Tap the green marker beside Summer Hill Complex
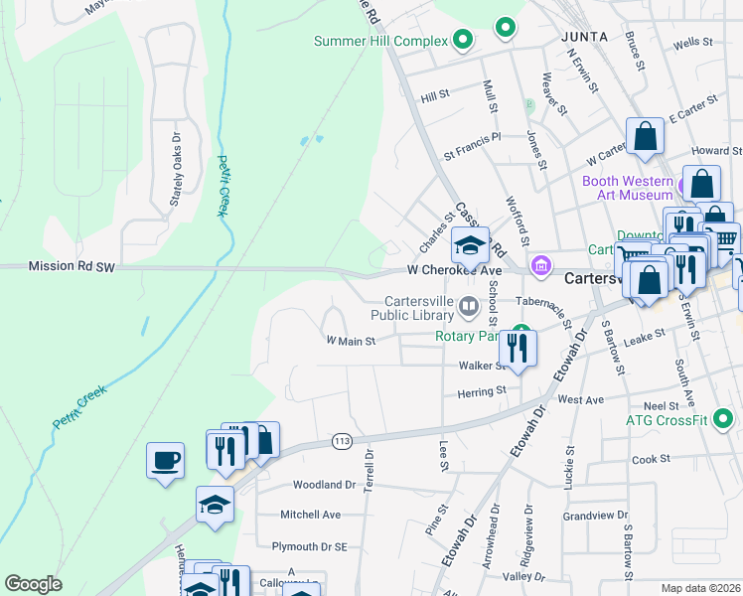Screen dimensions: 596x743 pos(462,41)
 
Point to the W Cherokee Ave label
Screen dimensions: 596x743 pos(454,270)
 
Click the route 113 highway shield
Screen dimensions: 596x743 pos(343,440)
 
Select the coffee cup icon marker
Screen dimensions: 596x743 pos(165,461)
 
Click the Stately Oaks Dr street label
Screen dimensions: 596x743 pos(176,170)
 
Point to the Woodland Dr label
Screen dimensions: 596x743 pos(324,486)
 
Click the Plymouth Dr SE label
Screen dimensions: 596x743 pos(309,546)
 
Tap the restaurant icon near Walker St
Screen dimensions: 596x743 pos(518,349)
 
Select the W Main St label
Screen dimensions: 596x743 pos(351,341)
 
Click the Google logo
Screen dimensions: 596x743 pos(34,584)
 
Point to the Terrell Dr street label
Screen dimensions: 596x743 pos(369,466)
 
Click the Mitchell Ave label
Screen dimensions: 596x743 pos(310,515)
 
